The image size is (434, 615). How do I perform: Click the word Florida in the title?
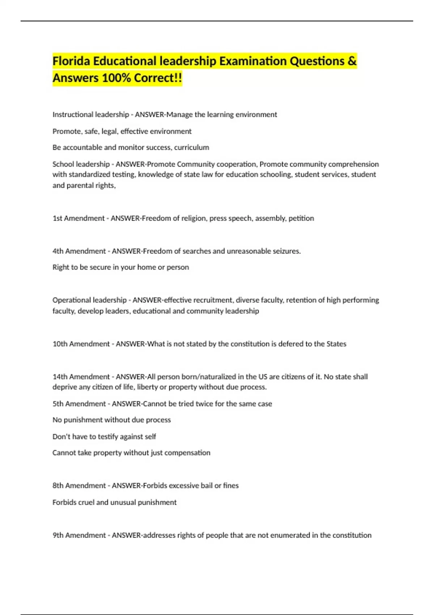[71, 61]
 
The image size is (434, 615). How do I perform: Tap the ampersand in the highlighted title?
[352, 61]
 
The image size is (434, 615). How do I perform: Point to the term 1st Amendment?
[78, 218]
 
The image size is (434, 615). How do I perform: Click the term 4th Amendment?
[79, 251]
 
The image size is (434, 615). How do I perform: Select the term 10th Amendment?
[81, 344]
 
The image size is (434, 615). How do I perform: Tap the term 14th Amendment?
[81, 377]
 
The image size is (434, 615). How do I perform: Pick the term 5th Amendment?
[79, 404]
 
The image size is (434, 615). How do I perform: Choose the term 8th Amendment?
[79, 485]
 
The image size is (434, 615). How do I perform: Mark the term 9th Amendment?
[79, 535]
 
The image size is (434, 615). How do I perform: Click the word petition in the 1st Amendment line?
[301, 218]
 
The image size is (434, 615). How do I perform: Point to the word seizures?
[286, 251]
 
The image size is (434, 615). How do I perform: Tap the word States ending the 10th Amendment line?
[336, 344]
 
